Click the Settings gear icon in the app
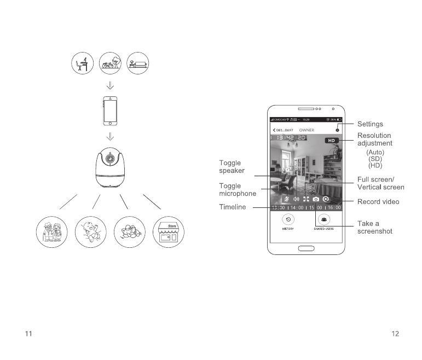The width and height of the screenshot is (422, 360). click(337, 130)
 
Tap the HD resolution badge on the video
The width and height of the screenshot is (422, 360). click(332, 141)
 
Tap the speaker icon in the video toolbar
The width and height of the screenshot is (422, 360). click(296, 200)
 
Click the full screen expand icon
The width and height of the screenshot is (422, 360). click(306, 200)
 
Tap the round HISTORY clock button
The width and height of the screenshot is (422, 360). click(288, 219)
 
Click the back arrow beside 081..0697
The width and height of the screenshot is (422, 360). click(274, 130)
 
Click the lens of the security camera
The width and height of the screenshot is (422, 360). click(110, 159)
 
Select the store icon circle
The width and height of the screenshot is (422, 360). click(168, 233)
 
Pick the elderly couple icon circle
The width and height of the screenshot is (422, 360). click(51, 233)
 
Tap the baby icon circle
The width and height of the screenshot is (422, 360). click(90, 233)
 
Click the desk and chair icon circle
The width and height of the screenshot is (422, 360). click(83, 64)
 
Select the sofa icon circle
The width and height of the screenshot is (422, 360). click(137, 64)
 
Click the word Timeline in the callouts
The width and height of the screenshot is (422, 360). click(233, 207)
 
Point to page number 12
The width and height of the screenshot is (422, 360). click(395, 333)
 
